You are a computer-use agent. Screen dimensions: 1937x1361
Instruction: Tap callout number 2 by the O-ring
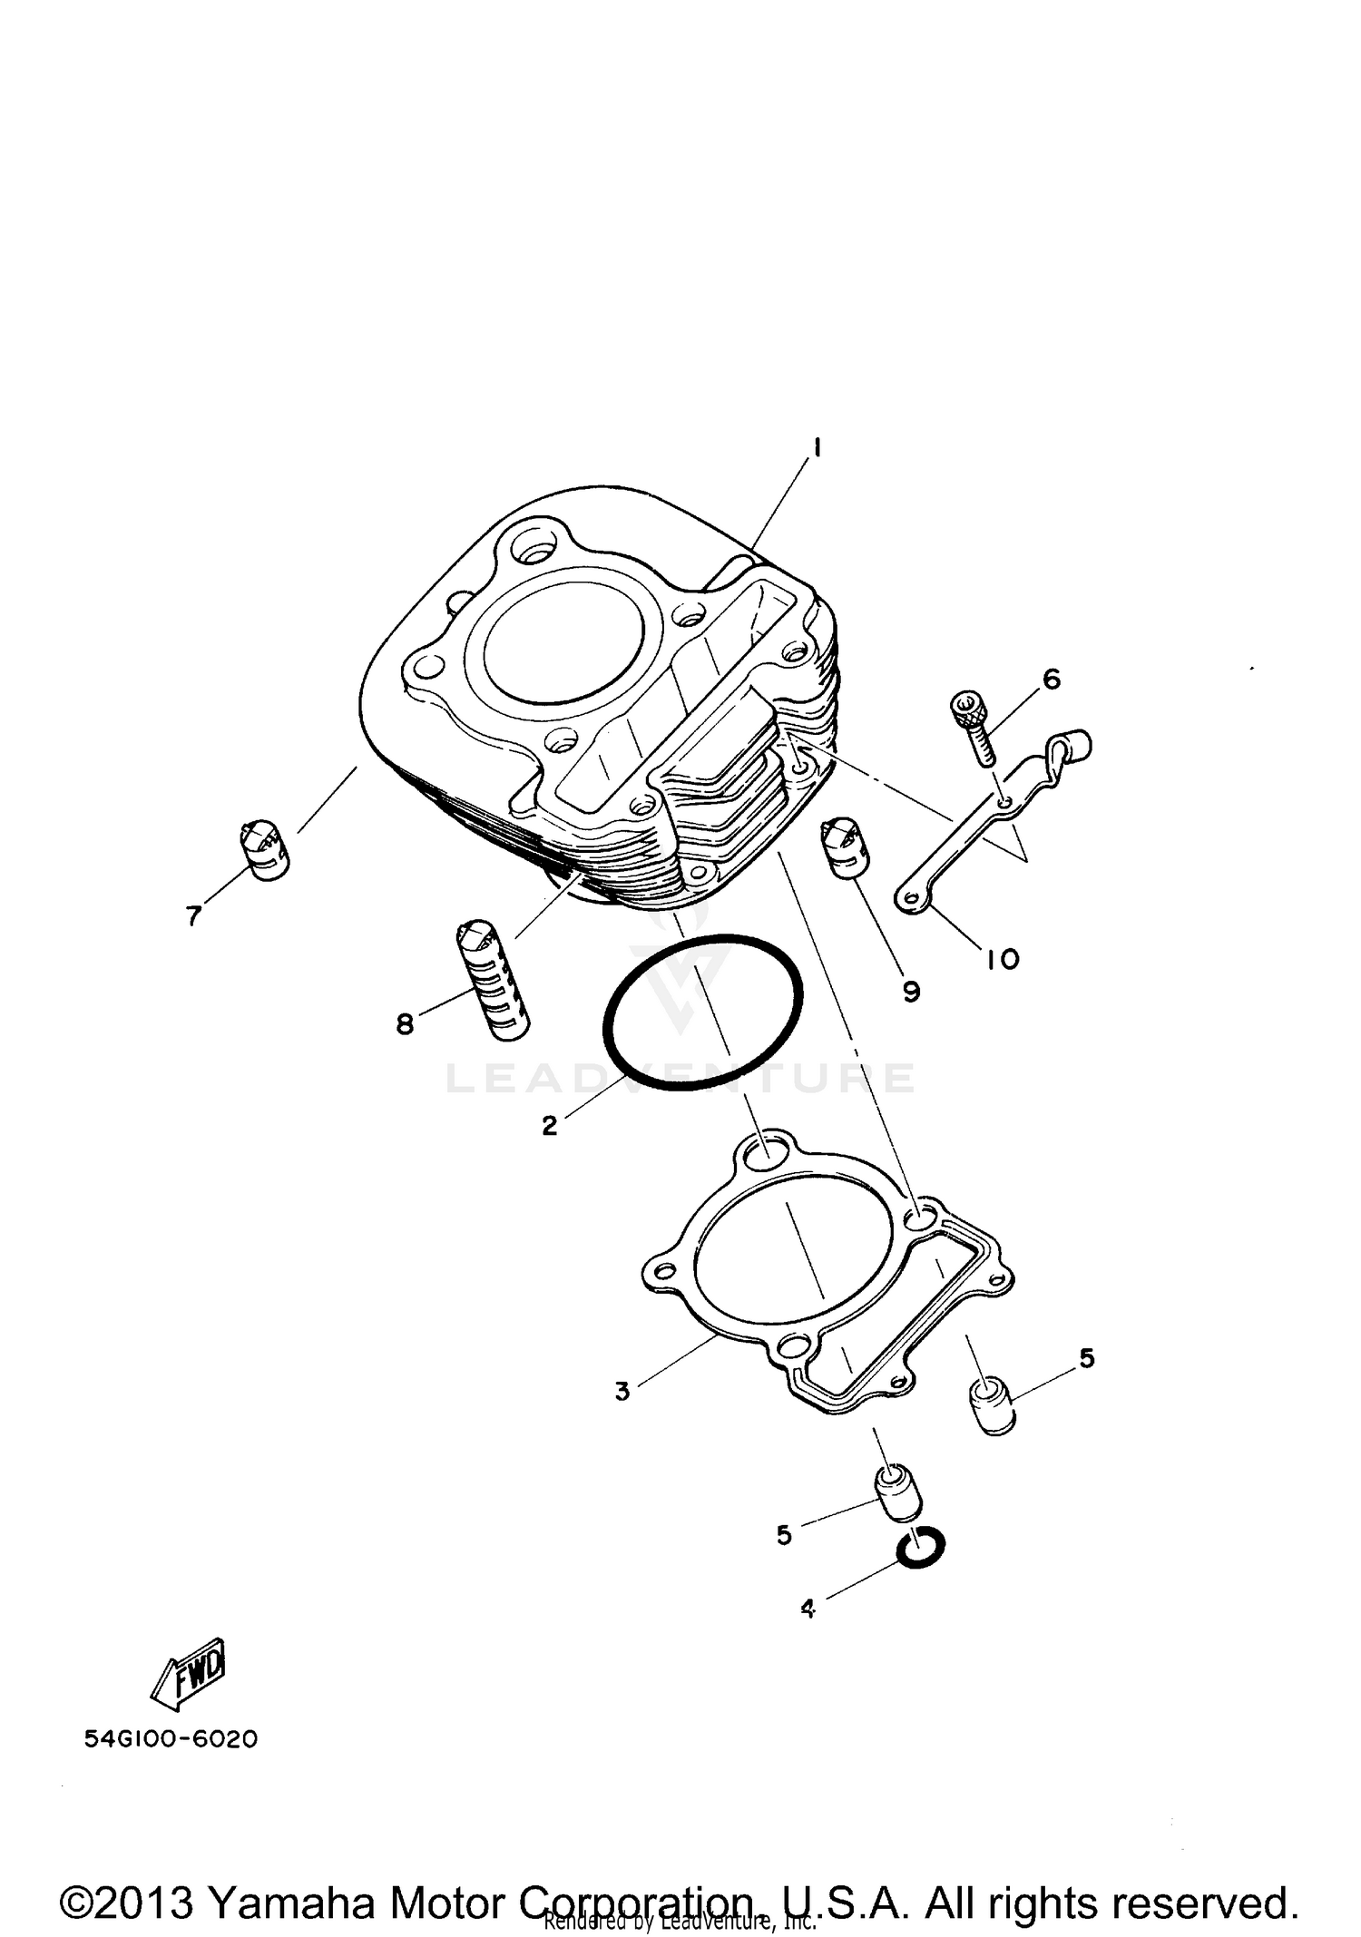[549, 1126]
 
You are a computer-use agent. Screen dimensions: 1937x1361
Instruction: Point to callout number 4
[808, 1609]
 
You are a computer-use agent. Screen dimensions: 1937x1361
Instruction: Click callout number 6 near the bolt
[1051, 679]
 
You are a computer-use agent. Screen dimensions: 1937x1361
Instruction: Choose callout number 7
[193, 917]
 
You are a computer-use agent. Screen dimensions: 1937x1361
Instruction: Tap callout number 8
[405, 1024]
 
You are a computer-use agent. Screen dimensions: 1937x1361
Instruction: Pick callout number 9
[912, 992]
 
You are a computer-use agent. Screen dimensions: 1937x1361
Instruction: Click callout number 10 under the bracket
[1003, 959]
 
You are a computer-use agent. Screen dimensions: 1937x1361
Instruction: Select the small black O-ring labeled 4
[920, 1550]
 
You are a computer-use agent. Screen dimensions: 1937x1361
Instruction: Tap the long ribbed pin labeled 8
[494, 980]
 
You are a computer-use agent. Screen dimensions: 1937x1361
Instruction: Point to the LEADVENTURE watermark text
[680, 1078]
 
